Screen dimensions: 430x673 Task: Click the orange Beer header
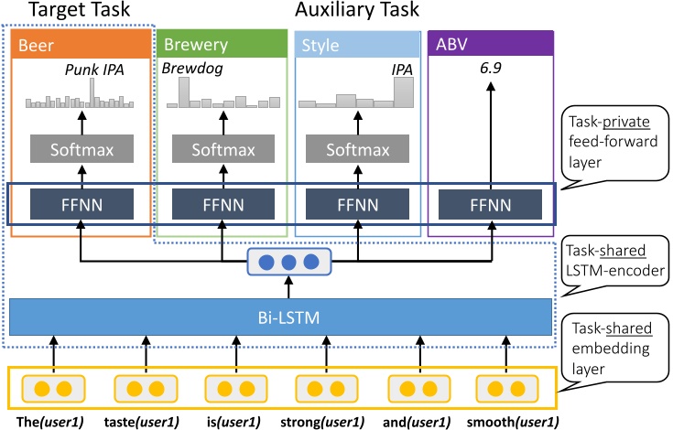click(81, 45)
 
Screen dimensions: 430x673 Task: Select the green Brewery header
click(221, 45)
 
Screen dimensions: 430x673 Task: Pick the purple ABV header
click(492, 45)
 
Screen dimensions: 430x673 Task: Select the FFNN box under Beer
click(81, 202)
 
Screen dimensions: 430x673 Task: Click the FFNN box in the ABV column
click(492, 202)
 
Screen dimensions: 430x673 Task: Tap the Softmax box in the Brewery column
click(221, 149)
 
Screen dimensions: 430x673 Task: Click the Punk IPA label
click(93, 70)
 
